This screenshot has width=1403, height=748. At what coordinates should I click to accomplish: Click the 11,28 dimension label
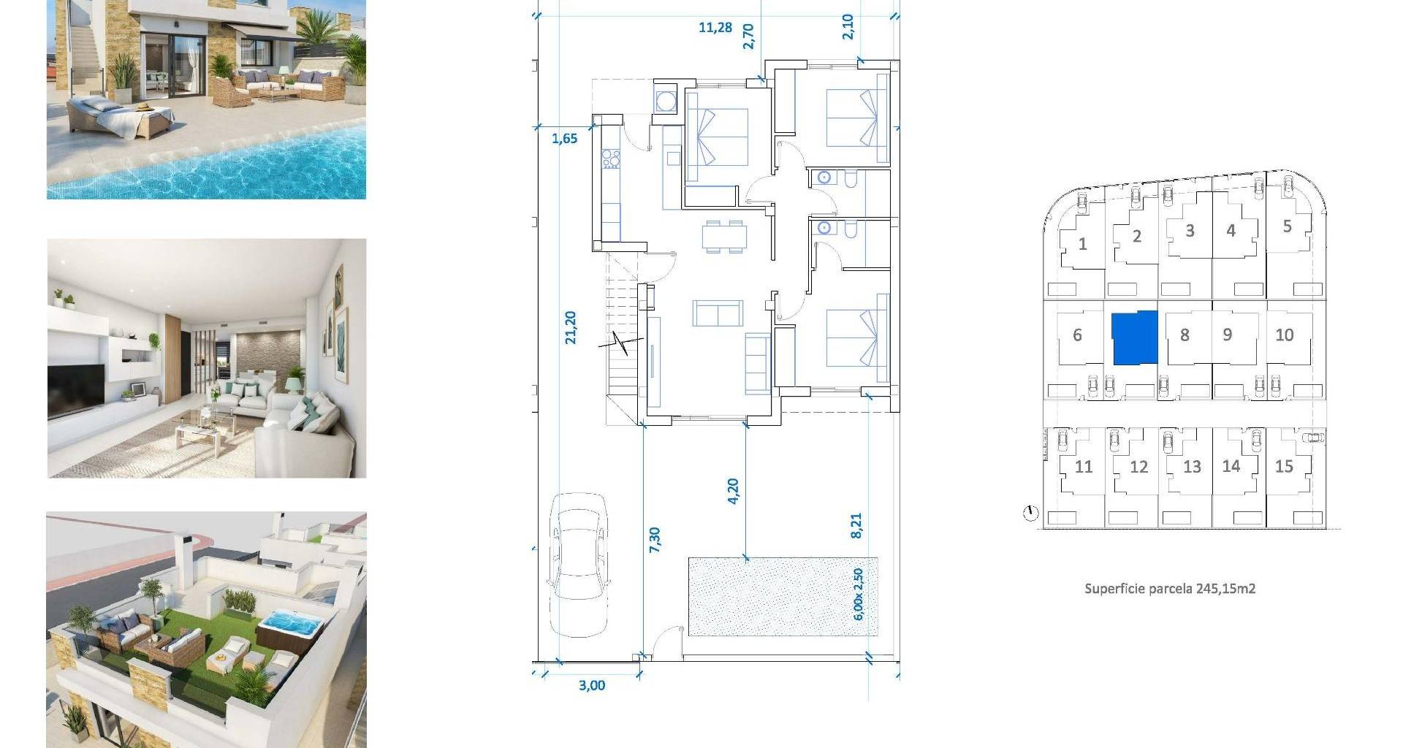pyautogui.click(x=715, y=28)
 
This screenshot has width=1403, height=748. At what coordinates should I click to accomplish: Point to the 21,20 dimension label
pyautogui.click(x=571, y=327)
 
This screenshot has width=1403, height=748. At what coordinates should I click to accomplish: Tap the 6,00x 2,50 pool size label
pyautogui.click(x=859, y=594)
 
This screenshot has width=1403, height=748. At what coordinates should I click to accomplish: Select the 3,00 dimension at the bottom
pyautogui.click(x=592, y=685)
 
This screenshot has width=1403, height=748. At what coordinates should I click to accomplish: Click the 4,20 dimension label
pyautogui.click(x=733, y=491)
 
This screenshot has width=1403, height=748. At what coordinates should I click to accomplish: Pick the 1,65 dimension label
pyautogui.click(x=564, y=138)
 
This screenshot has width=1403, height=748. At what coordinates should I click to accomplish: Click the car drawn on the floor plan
pyautogui.click(x=579, y=565)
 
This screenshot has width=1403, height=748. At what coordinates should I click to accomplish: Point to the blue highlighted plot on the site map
pyautogui.click(x=1135, y=337)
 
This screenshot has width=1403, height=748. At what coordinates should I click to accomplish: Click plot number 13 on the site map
pyautogui.click(x=1192, y=467)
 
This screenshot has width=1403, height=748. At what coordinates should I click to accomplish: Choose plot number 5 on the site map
pyautogui.click(x=1287, y=226)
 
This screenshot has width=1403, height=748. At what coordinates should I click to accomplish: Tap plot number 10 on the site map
pyautogui.click(x=1284, y=335)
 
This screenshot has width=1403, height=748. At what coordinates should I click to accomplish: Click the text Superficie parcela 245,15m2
pyautogui.click(x=1170, y=588)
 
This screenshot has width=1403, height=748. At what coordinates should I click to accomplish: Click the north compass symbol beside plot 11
pyautogui.click(x=1030, y=514)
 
